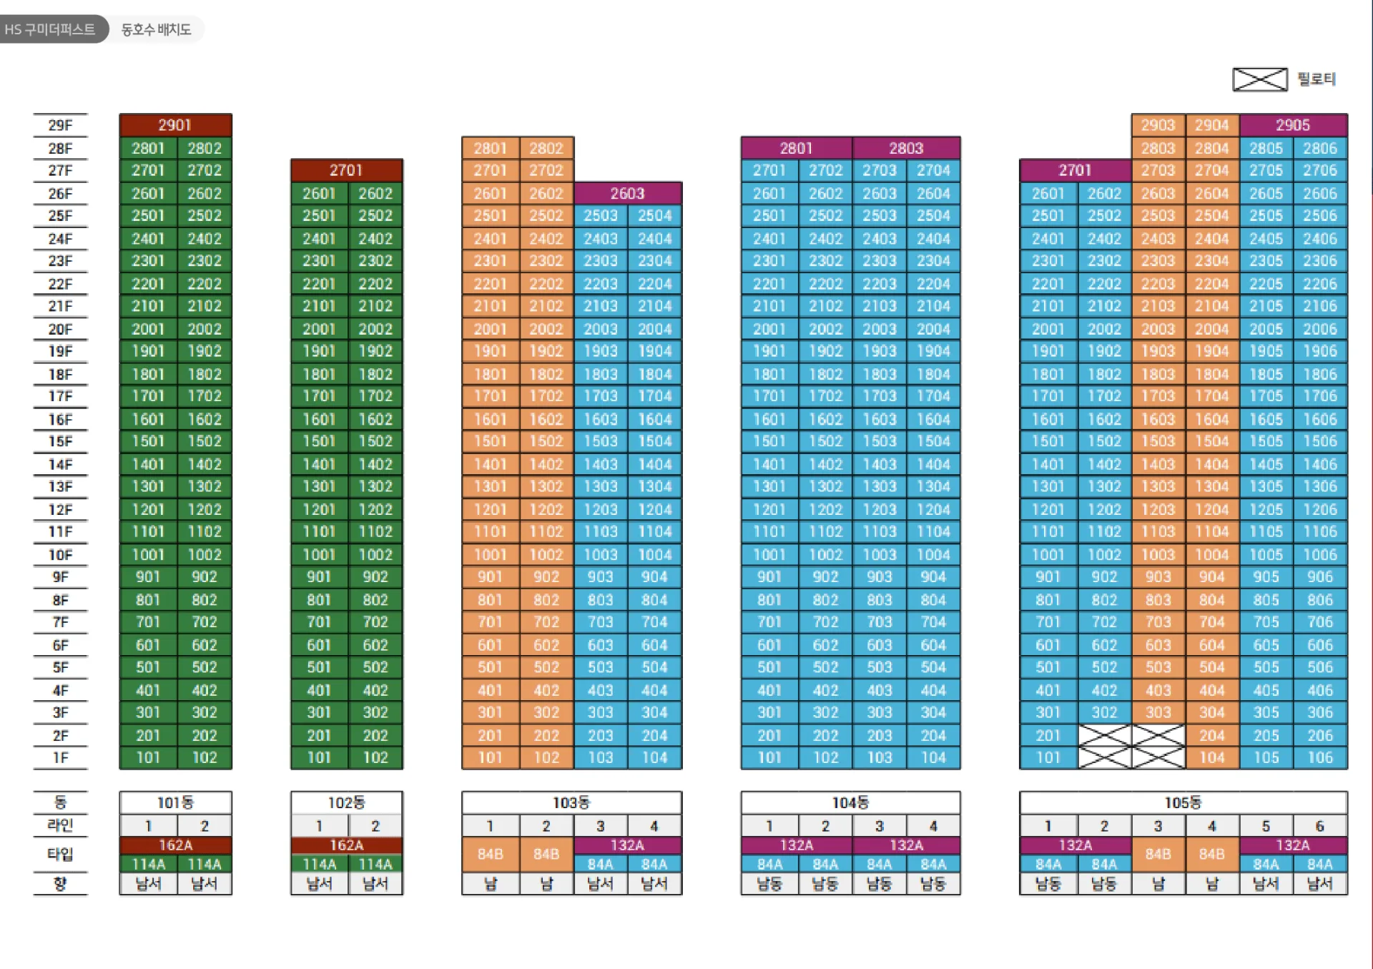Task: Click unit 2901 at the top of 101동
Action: (175, 125)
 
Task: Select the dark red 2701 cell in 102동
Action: (347, 170)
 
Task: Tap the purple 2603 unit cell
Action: (628, 193)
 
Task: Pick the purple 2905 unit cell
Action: (1293, 125)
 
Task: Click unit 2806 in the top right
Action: (1320, 148)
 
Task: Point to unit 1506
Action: (1320, 441)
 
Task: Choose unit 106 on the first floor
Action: (1320, 757)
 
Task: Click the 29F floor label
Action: (60, 125)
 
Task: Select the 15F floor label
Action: (60, 441)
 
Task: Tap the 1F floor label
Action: (60, 757)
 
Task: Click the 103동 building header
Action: (571, 802)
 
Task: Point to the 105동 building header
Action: (1183, 802)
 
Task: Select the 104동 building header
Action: (850, 802)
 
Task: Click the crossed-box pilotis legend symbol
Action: (1260, 79)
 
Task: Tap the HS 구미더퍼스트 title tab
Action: (50, 29)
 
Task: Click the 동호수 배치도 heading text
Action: (156, 29)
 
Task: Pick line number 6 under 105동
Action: (1320, 826)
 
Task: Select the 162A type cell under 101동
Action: (175, 845)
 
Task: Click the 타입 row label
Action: (60, 854)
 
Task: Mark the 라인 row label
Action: (60, 825)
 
